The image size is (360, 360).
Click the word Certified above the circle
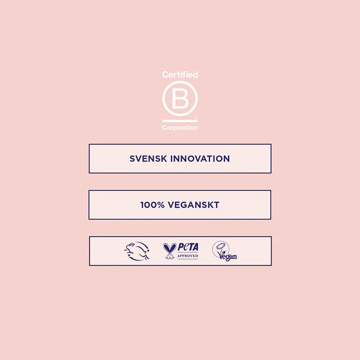[180, 75]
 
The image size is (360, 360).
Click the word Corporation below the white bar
[180, 128]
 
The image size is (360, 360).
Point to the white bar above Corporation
[180, 121]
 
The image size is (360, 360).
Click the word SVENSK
[148, 159]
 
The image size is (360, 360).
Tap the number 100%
[152, 205]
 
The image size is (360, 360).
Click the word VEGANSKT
[194, 205]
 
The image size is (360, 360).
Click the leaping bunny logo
[137, 251]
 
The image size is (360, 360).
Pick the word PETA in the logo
[188, 247]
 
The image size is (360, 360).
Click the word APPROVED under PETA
[188, 256]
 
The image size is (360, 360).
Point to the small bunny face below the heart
[170, 256]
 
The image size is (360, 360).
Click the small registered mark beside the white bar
[196, 117]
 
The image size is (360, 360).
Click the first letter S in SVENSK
[132, 159]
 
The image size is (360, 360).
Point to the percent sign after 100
[161, 205]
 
